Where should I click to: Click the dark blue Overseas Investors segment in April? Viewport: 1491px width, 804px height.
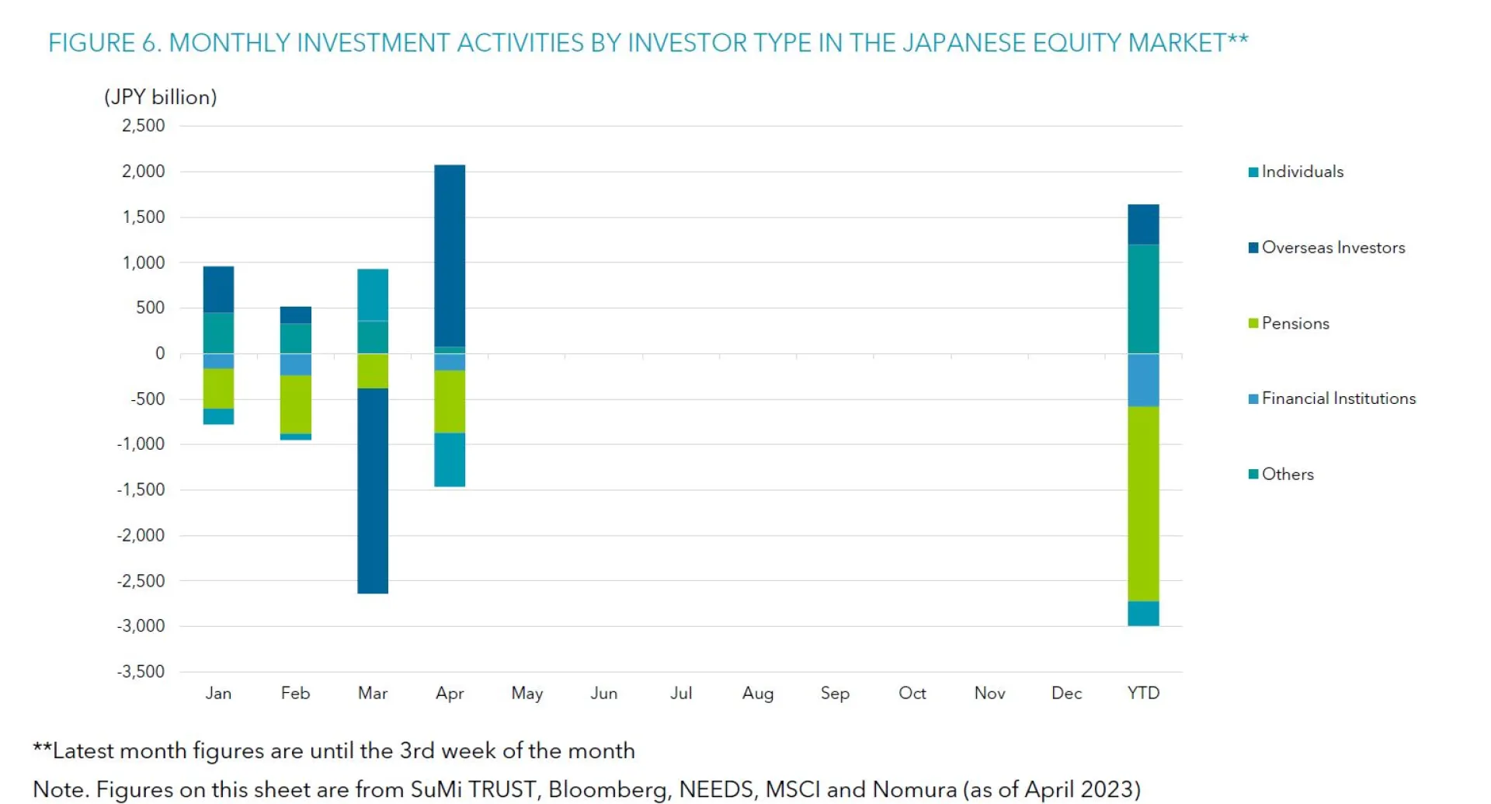click(x=450, y=256)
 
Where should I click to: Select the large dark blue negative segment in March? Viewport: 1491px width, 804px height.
click(x=373, y=491)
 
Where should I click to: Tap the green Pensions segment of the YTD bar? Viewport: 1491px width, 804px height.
click(x=1143, y=503)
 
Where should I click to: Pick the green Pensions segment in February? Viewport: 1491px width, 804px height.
click(x=296, y=404)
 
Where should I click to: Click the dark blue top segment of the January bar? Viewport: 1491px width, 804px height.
click(x=218, y=289)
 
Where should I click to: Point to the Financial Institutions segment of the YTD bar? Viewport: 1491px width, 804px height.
click(x=1143, y=380)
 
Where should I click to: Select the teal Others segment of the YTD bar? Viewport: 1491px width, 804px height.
click(x=1143, y=299)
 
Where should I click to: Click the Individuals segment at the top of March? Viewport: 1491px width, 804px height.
click(x=373, y=294)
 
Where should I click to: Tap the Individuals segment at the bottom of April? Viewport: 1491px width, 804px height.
click(x=450, y=460)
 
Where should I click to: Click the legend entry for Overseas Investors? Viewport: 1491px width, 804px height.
click(x=1333, y=248)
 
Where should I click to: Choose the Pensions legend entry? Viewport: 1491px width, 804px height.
click(x=1295, y=323)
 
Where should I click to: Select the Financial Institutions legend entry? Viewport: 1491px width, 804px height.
click(x=1338, y=399)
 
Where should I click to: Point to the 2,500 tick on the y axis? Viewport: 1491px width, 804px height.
click(x=144, y=126)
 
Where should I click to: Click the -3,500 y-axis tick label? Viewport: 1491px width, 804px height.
click(x=141, y=671)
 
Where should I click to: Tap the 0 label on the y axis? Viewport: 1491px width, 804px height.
click(x=160, y=353)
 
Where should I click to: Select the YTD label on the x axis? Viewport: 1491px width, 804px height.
click(x=1143, y=693)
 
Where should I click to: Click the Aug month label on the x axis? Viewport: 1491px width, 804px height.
click(x=758, y=693)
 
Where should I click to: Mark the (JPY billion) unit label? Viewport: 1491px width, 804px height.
click(x=161, y=97)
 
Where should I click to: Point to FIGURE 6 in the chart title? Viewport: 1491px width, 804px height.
click(x=104, y=43)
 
